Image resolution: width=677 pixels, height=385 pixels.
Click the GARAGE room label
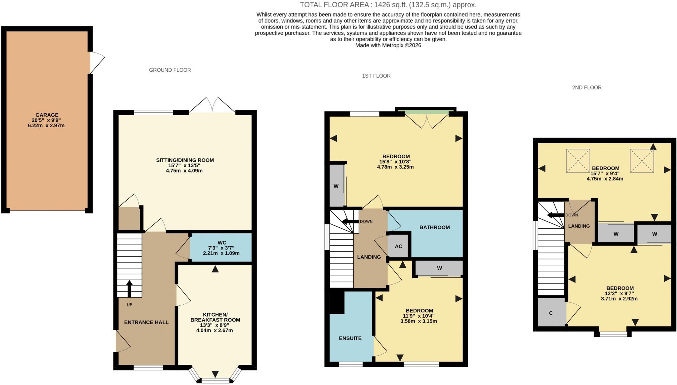[47, 115]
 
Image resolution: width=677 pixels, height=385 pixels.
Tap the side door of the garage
[97, 62]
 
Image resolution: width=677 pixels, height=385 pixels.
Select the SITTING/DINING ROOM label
[185, 160]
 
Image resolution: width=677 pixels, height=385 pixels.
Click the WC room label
[222, 243]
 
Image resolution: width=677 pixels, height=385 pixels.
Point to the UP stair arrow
[129, 289]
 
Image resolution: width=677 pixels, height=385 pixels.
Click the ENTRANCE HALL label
[146, 322]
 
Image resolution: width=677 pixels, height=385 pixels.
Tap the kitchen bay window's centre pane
[215, 381]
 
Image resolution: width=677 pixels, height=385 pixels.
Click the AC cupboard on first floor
[399, 246]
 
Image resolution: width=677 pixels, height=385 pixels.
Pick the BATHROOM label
[435, 227]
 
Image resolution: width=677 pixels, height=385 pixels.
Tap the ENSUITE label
[350, 338]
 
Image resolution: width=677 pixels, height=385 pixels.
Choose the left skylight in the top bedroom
[578, 161]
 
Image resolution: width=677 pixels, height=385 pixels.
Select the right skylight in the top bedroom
[642, 161]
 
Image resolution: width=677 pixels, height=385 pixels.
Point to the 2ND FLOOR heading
[587, 87]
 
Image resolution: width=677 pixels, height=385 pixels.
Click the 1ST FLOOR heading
[376, 76]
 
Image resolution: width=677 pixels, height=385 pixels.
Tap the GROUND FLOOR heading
[170, 70]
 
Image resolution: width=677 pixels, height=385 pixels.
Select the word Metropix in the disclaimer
[393, 45]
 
